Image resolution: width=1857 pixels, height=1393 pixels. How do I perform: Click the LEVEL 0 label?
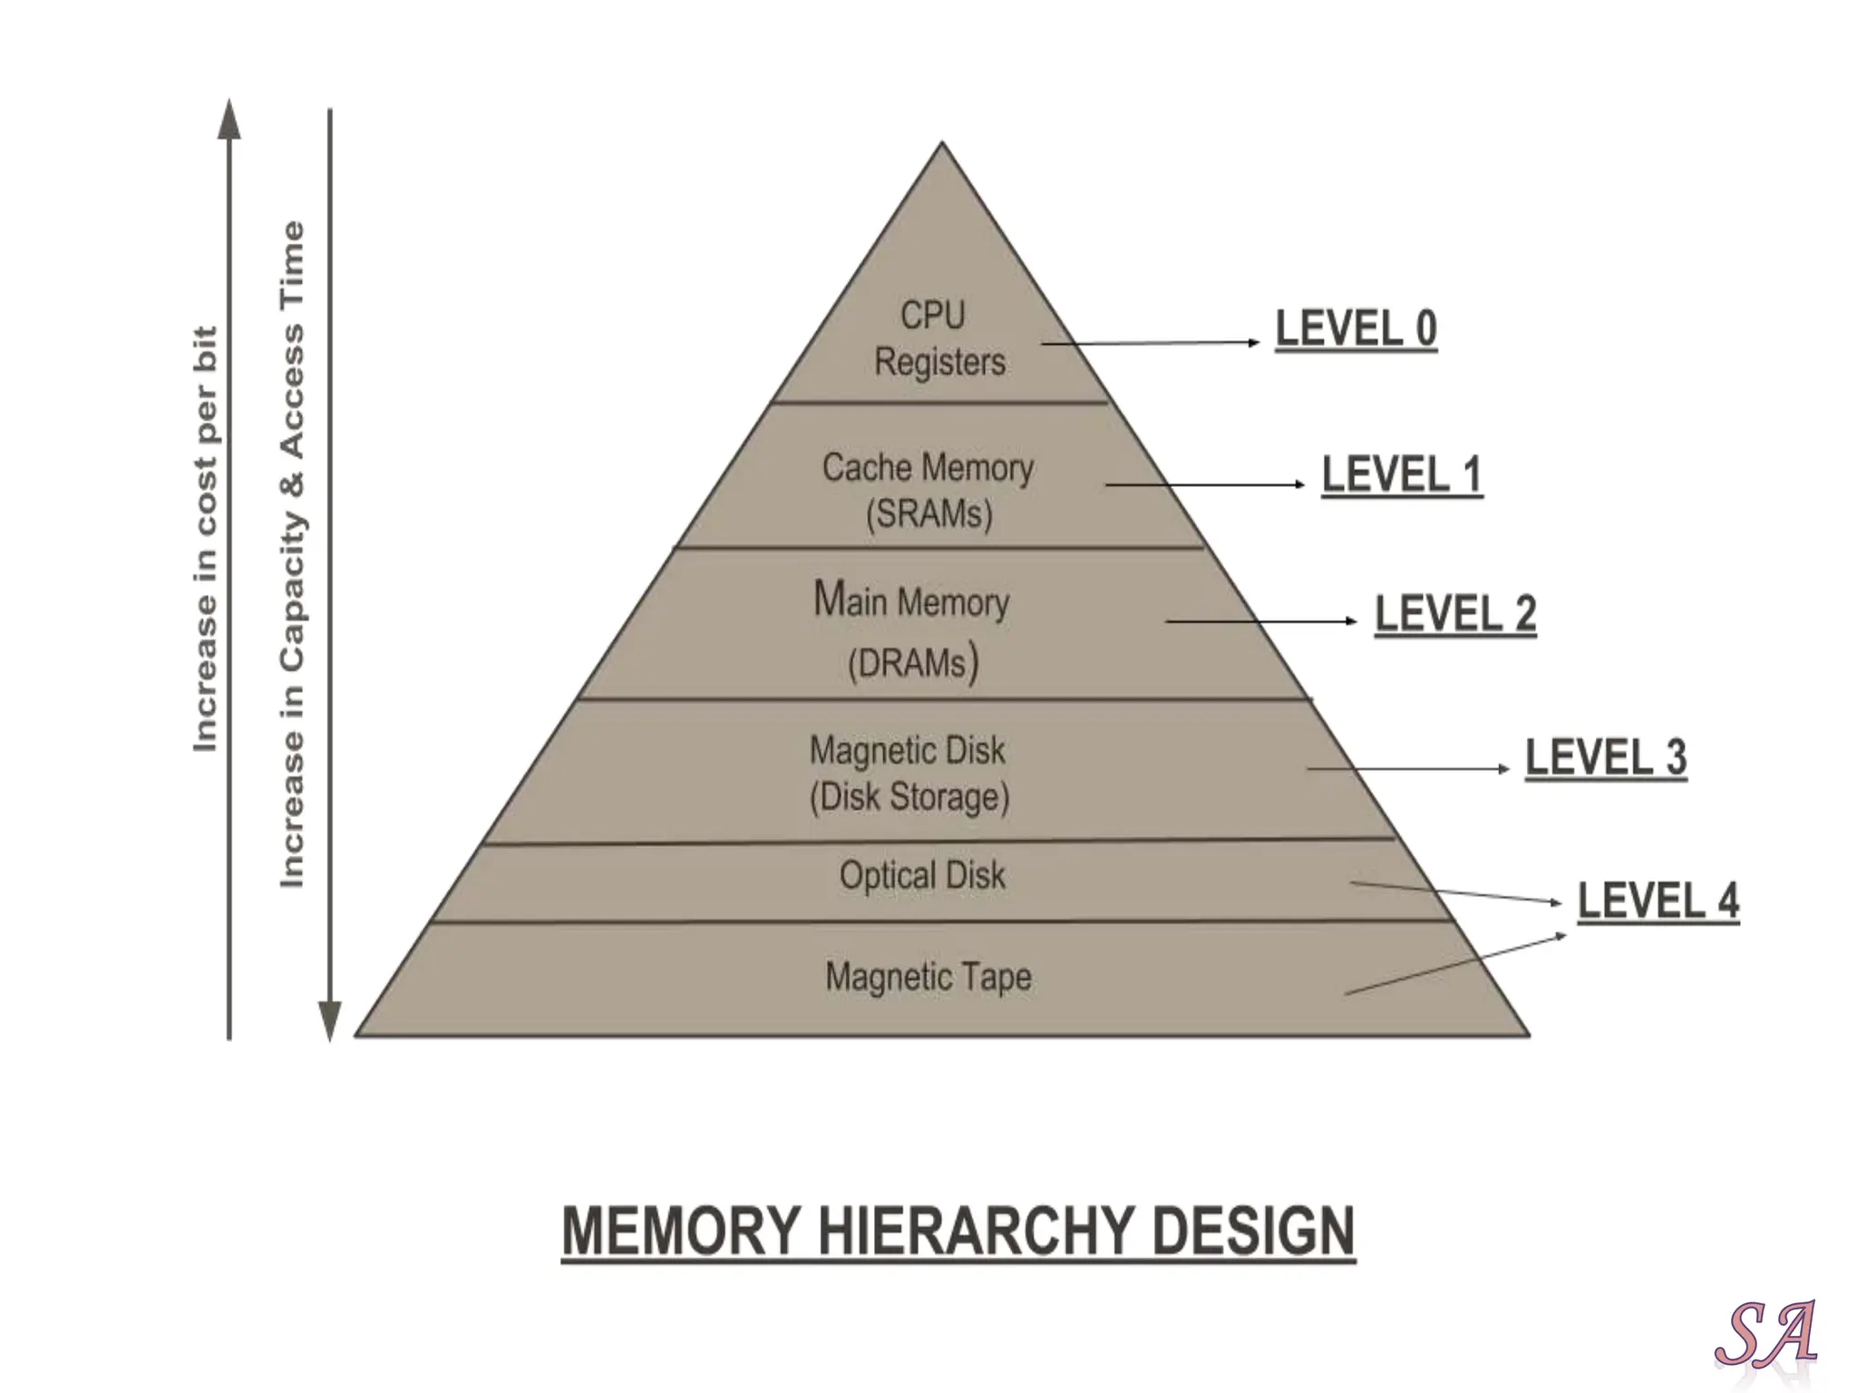tap(1356, 328)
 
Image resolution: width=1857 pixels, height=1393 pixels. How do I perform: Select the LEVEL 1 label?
tap(1401, 474)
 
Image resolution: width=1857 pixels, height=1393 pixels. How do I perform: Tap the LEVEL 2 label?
tap(1455, 614)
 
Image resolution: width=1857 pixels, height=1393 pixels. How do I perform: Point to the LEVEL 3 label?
tap(1605, 757)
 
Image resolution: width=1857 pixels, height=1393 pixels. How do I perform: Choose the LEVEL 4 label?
tap(1658, 901)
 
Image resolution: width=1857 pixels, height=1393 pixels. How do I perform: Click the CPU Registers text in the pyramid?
tap(938, 338)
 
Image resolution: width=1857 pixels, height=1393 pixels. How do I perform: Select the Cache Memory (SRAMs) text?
tap(928, 491)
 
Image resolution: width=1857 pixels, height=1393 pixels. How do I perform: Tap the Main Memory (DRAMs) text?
tap(911, 631)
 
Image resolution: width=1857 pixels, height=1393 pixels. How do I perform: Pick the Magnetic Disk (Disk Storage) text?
tap(909, 774)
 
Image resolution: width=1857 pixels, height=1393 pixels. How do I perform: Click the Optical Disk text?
tap(922, 875)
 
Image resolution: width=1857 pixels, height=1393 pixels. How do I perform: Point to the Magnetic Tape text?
tap(928, 977)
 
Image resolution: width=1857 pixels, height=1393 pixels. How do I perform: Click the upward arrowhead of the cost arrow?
tap(230, 121)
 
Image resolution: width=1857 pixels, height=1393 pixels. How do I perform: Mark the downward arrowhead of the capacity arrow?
tap(330, 1020)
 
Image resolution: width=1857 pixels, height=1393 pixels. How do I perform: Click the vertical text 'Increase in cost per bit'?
tap(206, 539)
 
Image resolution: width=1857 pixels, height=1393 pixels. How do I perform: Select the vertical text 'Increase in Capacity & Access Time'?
tap(292, 554)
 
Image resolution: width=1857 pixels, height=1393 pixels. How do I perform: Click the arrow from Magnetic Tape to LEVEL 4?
tap(1455, 964)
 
